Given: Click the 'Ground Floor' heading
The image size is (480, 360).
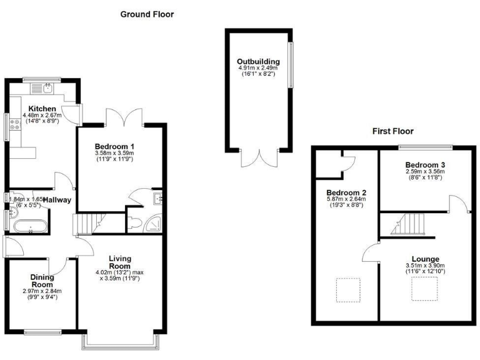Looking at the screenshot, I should point(147,14).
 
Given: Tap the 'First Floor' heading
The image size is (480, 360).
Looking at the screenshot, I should point(392,131).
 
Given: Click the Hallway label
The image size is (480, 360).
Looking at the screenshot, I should point(61,199).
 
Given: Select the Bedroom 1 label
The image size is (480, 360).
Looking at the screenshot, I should point(114,146).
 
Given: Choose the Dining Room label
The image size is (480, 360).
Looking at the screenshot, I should point(43,280).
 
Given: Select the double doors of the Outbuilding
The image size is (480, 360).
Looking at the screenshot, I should point(258,157).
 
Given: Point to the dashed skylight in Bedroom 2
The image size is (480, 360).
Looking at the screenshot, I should point(347,289).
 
